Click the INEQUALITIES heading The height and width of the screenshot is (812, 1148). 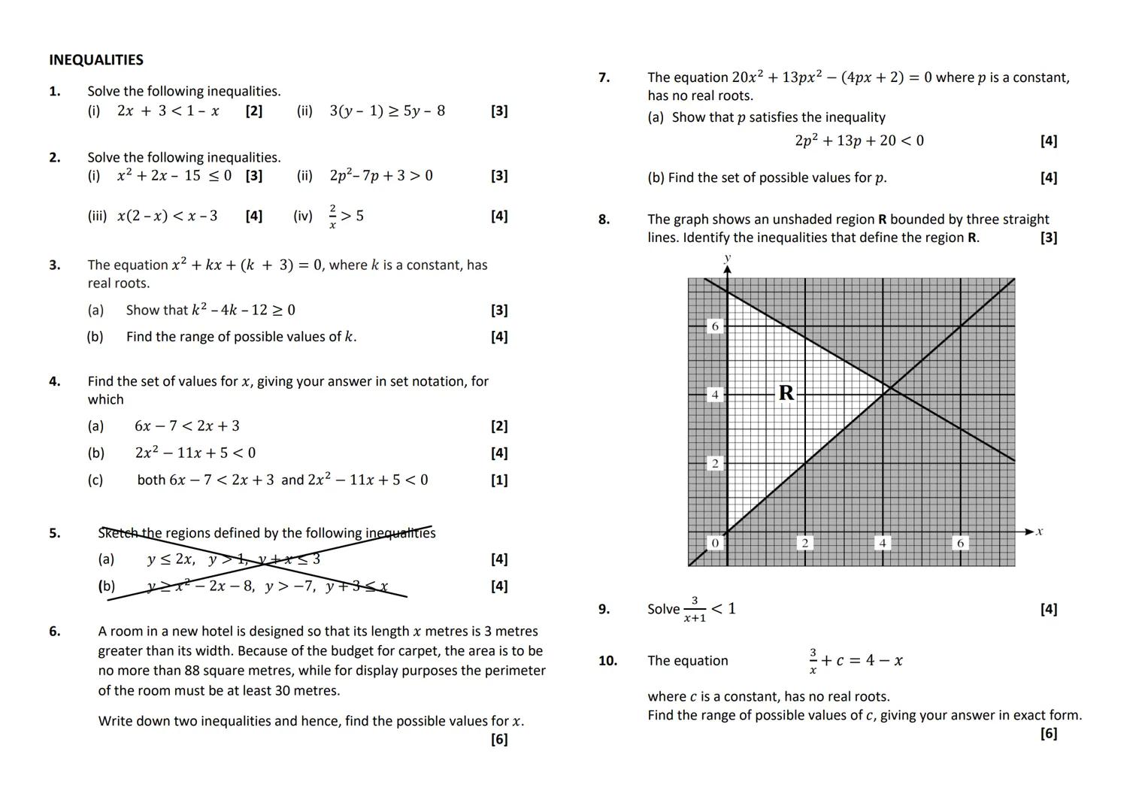pyautogui.click(x=96, y=60)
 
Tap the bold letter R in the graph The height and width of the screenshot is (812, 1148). pyautogui.click(x=786, y=392)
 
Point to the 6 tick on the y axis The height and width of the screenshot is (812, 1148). pyautogui.click(x=715, y=326)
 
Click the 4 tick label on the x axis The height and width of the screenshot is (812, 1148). pyautogui.click(x=883, y=543)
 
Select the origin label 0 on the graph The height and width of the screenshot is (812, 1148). pyautogui.click(x=715, y=543)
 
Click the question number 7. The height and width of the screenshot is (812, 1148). pyautogui.click(x=604, y=77)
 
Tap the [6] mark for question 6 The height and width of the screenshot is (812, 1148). pyautogui.click(x=499, y=739)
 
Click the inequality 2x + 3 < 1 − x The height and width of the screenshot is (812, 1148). pyautogui.click(x=168, y=111)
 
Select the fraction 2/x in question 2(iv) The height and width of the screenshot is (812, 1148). pyautogui.click(x=332, y=216)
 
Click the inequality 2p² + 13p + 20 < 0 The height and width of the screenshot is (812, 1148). pyautogui.click(x=859, y=141)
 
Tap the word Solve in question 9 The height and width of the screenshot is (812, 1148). pyautogui.click(x=663, y=609)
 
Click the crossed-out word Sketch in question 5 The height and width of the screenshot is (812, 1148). pyautogui.click(x=119, y=533)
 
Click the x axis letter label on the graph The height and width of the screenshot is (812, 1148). pyautogui.click(x=1039, y=532)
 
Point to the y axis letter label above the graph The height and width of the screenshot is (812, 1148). pyautogui.click(x=727, y=258)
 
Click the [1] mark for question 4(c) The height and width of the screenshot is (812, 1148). pyautogui.click(x=499, y=480)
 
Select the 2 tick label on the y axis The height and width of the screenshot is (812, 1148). pyautogui.click(x=715, y=463)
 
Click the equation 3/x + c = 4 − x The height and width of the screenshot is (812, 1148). pyautogui.click(x=856, y=661)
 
